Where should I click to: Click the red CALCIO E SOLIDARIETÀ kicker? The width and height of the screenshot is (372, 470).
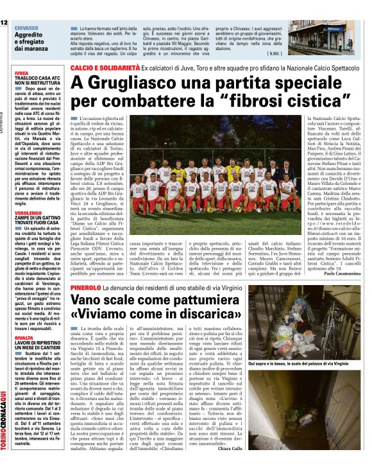point(105,67)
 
